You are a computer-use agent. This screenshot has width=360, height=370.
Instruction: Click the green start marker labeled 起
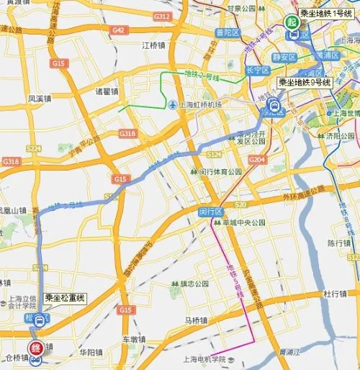[x=292, y=22]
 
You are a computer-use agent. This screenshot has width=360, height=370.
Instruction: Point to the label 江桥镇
[x=154, y=45]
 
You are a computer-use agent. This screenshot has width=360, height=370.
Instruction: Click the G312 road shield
[x=161, y=16]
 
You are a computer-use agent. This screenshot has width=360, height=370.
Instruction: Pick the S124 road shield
[x=213, y=155]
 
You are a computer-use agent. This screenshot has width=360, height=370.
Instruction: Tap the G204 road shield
[x=257, y=159]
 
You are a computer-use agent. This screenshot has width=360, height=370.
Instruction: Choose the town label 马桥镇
[x=195, y=320]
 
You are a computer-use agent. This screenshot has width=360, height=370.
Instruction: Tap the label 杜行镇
[x=336, y=294]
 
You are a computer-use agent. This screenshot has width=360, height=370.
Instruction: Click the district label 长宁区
[x=257, y=70]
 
